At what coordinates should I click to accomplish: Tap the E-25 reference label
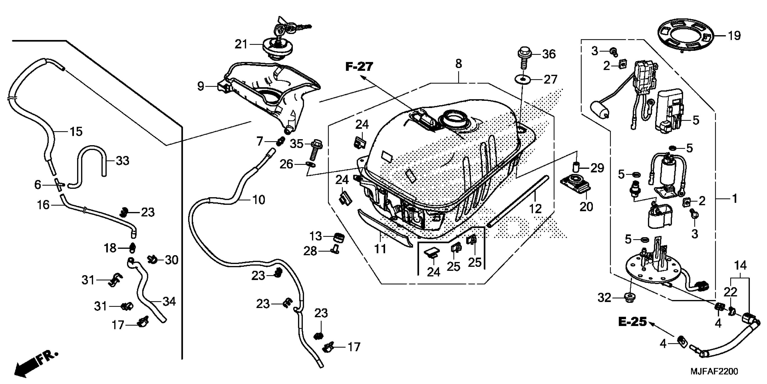point(632,322)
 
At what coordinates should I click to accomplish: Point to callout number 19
point(734,36)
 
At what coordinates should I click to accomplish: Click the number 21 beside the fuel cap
point(241,44)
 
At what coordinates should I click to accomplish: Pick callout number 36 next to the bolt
point(549,54)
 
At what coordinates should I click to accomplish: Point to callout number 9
point(201,87)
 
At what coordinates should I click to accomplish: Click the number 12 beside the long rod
point(535,209)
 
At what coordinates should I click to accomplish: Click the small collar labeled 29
point(576,166)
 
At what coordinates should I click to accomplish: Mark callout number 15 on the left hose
point(76,131)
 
